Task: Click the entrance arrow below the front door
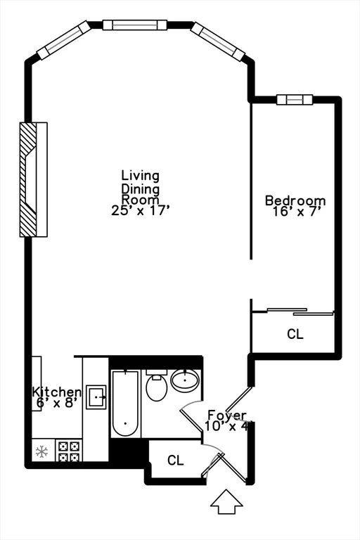click(x=226, y=501)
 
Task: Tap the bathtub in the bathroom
click(x=124, y=403)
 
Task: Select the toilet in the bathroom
click(x=157, y=386)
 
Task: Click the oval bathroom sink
click(x=185, y=382)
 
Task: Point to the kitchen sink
click(x=96, y=397)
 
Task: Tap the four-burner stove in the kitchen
click(x=69, y=450)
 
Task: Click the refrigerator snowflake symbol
click(x=41, y=451)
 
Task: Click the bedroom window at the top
click(x=293, y=100)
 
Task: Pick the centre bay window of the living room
click(x=134, y=25)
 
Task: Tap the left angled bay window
click(x=64, y=40)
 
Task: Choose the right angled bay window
click(x=217, y=41)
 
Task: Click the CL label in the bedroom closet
click(x=295, y=335)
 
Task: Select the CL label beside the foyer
click(x=176, y=461)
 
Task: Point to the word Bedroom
click(x=295, y=200)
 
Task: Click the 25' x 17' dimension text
click(x=141, y=210)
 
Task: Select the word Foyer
click(x=226, y=415)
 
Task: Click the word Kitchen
click(x=56, y=392)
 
